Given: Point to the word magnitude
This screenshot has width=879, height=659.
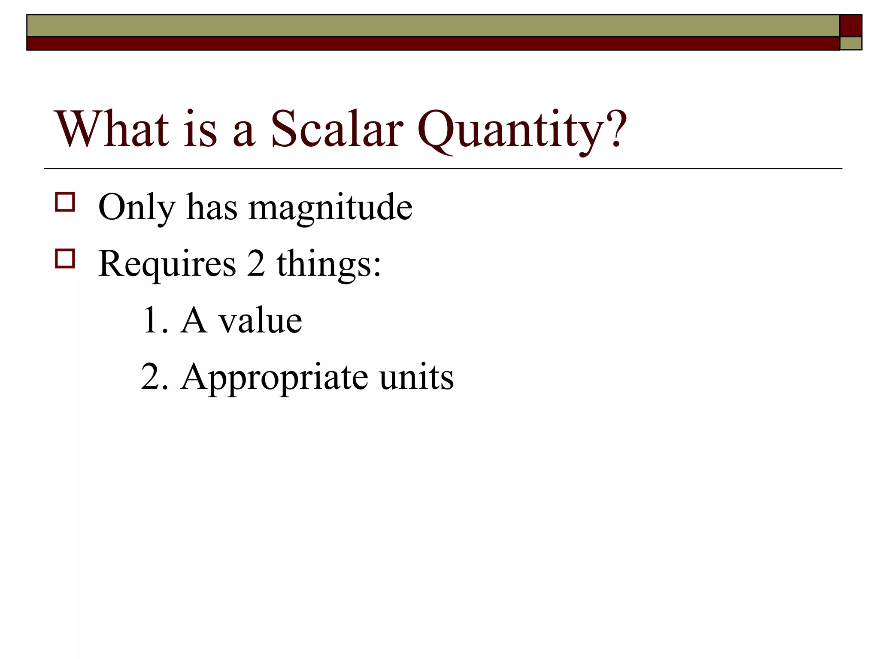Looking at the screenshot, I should click(330, 208).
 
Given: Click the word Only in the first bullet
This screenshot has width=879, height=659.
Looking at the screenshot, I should click(137, 208).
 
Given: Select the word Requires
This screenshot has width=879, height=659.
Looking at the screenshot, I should click(167, 264).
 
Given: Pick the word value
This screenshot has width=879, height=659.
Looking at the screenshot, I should click(261, 320).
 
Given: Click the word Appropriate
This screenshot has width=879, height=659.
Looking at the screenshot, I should click(275, 378).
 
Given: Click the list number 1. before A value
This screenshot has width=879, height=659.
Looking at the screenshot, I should click(155, 320).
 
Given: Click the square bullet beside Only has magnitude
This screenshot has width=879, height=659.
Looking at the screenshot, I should click(65, 202).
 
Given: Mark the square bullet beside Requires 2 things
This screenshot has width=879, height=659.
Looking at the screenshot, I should click(65, 259).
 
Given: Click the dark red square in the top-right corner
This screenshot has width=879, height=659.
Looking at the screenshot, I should click(850, 26).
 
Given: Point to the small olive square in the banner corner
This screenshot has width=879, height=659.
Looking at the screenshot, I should click(850, 43).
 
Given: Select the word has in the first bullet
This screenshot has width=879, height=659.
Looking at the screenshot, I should click(212, 208).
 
